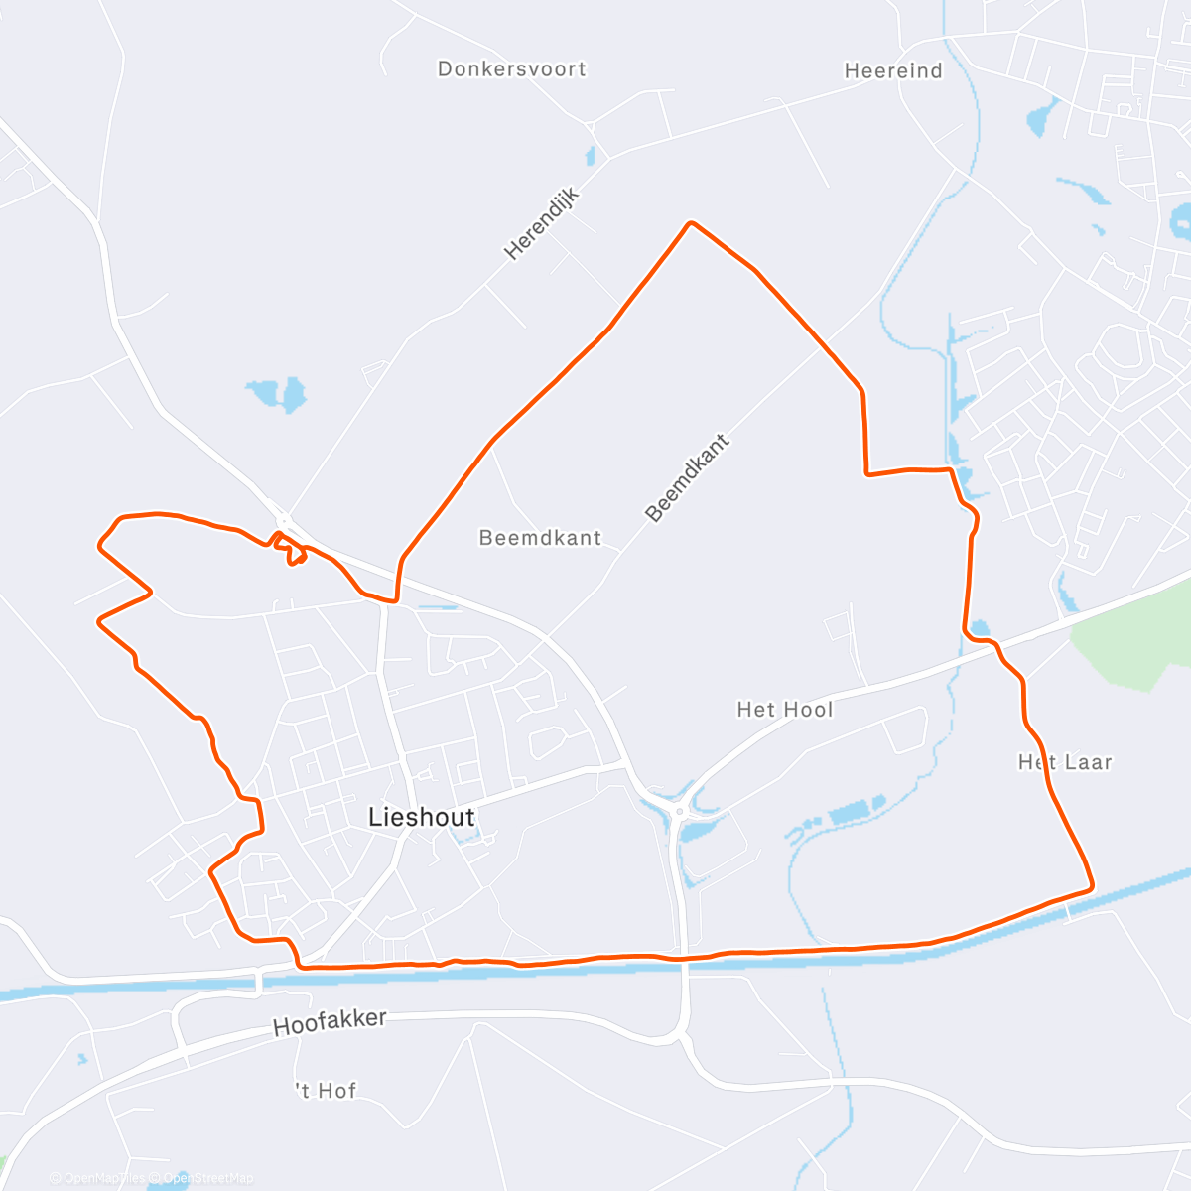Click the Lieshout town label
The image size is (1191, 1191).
point(421,817)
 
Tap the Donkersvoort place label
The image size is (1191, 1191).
point(511,69)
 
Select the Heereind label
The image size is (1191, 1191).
point(892,70)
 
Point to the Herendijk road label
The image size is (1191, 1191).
point(541,224)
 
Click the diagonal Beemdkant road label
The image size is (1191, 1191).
point(687,477)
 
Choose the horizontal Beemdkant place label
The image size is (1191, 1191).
point(540,538)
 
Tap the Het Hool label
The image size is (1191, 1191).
point(784,710)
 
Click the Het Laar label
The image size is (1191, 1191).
point(1065,762)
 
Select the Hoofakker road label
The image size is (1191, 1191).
point(329,1023)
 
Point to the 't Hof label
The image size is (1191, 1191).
point(326,1091)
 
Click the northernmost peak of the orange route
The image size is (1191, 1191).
point(691,223)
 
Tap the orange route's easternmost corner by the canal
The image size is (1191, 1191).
point(1091,886)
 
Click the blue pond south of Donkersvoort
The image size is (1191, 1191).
point(277,394)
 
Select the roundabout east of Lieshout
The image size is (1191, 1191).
point(680,811)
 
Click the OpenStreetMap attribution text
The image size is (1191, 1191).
point(208,1178)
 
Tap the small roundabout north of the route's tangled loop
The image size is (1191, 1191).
point(283,519)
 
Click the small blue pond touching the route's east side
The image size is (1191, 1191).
point(980,628)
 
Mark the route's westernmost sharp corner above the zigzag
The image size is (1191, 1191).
point(99,544)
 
